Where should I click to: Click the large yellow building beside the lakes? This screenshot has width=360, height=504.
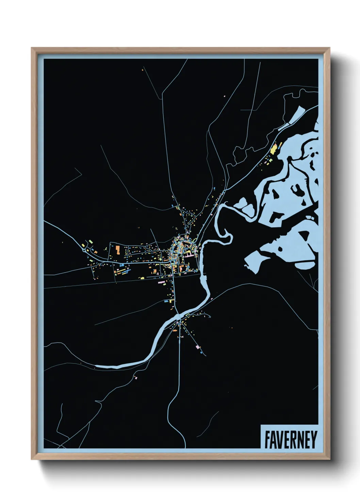coord(274,148)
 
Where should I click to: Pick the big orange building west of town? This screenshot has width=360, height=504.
coord(117,250)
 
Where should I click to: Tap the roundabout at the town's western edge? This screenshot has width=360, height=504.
coord(84,251)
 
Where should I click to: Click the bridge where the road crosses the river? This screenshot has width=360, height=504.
coord(179,317)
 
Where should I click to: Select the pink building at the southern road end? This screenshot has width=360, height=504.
coord(198,347)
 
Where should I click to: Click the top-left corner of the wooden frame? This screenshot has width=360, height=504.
coord(32,48)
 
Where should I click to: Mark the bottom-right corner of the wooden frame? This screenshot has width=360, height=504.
coord(329,459)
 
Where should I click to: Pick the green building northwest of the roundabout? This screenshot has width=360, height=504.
coord(91,241)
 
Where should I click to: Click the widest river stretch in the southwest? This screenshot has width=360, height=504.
coord(112,366)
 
